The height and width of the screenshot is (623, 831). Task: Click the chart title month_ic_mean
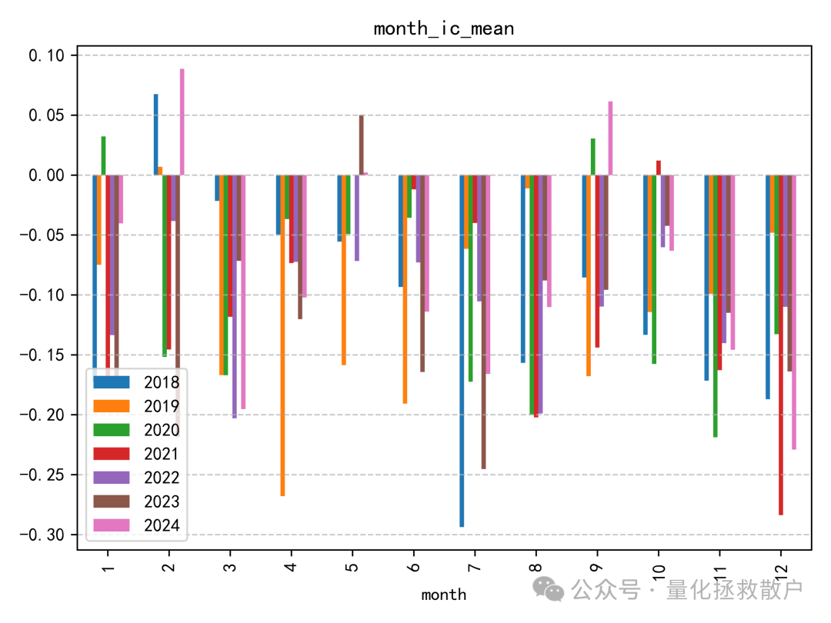tap(443, 29)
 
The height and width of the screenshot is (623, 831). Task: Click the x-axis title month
tap(443, 595)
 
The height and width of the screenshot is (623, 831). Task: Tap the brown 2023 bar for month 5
tap(362, 145)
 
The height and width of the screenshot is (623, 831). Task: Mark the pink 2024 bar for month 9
tap(610, 138)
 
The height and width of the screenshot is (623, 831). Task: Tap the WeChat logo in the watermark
tap(552, 590)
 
